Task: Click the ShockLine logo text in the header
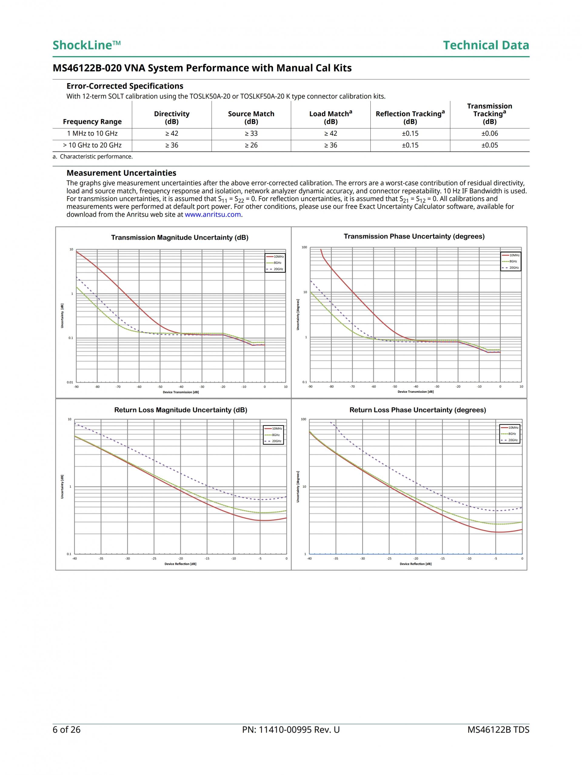tap(86, 45)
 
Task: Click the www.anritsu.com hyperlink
tap(212, 214)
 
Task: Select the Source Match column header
tap(251, 118)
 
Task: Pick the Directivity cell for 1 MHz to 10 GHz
tap(172, 133)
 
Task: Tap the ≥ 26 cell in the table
tap(251, 145)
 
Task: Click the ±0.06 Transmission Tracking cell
tap(489, 133)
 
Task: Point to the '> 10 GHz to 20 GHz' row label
tap(92, 145)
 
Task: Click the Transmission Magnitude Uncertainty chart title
tap(180, 238)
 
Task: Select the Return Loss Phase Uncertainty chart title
tap(417, 410)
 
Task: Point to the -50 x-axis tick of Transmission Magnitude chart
tap(160, 387)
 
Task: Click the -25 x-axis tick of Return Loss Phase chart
tap(389, 558)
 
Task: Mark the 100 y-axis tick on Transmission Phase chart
tap(304, 247)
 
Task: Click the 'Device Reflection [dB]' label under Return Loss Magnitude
tap(180, 564)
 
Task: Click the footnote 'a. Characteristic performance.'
tap(93, 157)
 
